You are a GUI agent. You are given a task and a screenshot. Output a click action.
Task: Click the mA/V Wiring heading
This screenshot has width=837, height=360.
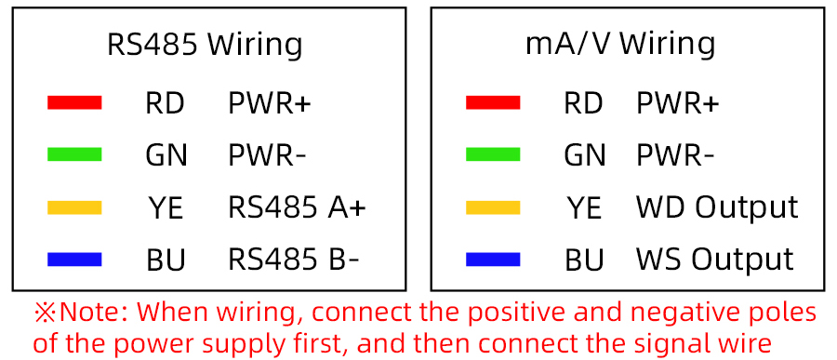pos(620,44)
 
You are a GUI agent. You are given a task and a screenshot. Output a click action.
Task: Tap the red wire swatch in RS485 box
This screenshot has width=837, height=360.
pos(74,103)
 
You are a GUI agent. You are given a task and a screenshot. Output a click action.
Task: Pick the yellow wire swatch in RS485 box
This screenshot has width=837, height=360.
pos(74,207)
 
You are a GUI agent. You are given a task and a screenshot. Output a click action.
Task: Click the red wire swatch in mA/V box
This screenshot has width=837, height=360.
pos(493,103)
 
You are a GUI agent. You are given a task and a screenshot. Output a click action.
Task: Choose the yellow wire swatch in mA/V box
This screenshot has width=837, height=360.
pos(493,207)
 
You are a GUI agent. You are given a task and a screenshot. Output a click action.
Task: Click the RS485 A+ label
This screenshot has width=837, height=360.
pos(297,207)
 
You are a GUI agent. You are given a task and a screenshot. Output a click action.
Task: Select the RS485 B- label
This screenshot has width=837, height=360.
pos(293,260)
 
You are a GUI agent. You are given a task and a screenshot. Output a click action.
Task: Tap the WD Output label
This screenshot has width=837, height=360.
pos(717,207)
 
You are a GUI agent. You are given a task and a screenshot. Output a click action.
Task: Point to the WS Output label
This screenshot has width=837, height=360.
pos(714,260)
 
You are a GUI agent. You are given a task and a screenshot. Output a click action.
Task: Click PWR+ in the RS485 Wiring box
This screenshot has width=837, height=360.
pos(270,103)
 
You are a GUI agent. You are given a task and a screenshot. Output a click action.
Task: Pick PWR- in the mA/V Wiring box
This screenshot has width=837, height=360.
pos(675,155)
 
